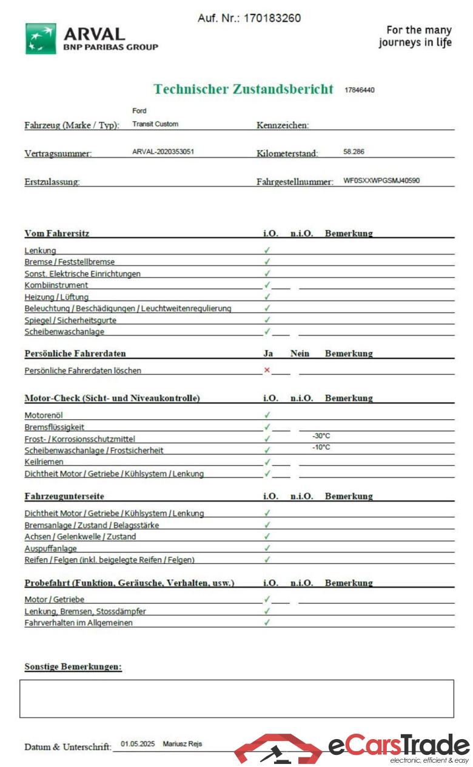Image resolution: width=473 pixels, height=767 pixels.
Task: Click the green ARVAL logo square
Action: [41, 39]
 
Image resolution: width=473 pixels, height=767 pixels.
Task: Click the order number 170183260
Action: [272, 18]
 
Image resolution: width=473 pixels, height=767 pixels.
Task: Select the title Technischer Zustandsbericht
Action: [243, 89]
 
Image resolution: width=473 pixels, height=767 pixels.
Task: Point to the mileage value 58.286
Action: [354, 151]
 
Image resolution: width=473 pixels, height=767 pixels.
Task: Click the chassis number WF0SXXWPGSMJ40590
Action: [381, 181]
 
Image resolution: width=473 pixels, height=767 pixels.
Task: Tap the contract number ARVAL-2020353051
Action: [163, 151]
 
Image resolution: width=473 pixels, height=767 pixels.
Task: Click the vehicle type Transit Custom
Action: [155, 124]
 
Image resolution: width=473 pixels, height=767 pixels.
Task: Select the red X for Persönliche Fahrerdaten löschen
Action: [267, 370]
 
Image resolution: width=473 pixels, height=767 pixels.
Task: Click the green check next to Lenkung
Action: [267, 250]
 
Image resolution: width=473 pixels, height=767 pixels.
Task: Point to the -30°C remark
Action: [321, 436]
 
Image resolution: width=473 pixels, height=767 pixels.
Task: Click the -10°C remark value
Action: [321, 447]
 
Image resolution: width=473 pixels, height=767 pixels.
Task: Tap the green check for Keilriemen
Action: [267, 462]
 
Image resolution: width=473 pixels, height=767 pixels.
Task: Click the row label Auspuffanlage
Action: [50, 548]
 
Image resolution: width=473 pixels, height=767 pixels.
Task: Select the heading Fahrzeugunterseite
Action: [64, 496]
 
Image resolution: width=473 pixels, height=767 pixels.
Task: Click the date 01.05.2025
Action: [138, 743]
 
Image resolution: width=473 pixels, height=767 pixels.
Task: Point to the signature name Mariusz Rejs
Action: [182, 743]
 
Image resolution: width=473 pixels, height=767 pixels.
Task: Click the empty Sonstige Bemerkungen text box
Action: [236, 699]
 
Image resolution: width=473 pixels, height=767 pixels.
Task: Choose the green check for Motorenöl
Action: [267, 415]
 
